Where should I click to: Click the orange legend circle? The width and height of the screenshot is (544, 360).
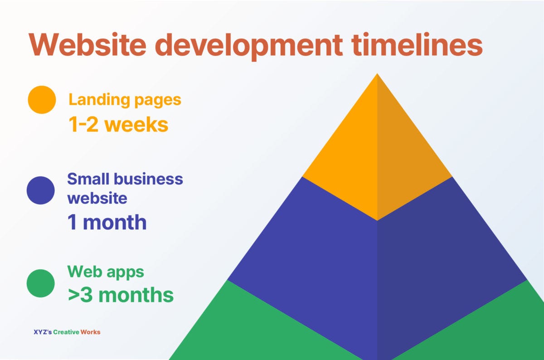click(42, 100)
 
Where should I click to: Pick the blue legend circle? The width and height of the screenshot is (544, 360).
click(41, 190)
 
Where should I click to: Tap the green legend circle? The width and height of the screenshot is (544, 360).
click(41, 283)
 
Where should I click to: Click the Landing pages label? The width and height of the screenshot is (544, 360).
click(125, 100)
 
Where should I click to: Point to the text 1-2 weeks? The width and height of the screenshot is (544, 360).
click(118, 124)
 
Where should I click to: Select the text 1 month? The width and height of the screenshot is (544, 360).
click(107, 222)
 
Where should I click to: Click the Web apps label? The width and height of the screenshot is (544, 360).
click(106, 272)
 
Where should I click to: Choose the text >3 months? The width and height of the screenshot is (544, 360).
click(121, 295)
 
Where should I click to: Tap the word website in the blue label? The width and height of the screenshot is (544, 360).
click(97, 198)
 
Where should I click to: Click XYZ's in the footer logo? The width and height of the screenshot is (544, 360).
click(43, 332)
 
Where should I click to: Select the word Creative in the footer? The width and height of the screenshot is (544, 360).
click(66, 332)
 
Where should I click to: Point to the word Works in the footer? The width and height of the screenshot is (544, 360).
click(90, 332)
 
